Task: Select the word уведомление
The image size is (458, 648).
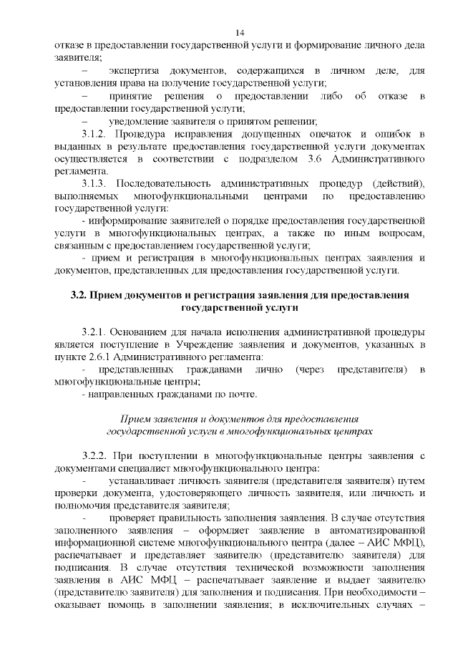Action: (x=142, y=120)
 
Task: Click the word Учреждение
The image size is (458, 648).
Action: (x=220, y=345)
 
